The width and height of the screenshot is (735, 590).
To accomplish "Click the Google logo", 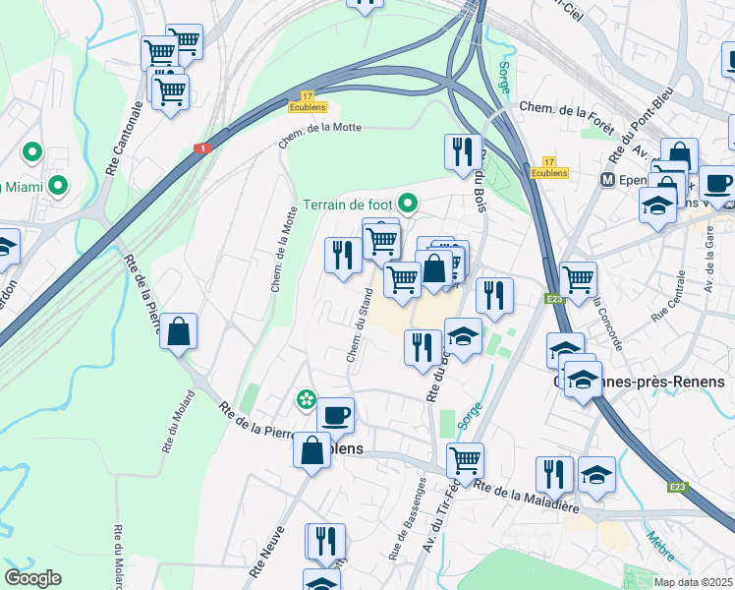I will pyautogui.click(x=32, y=577).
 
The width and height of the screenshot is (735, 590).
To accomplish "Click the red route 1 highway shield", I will pyautogui.click(x=202, y=147).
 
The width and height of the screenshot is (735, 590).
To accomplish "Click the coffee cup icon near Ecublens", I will pyautogui.click(x=335, y=415).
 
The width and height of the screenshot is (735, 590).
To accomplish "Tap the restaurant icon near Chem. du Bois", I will pyautogui.click(x=463, y=151).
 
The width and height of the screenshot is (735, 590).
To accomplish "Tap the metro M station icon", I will pyautogui.click(x=608, y=181).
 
